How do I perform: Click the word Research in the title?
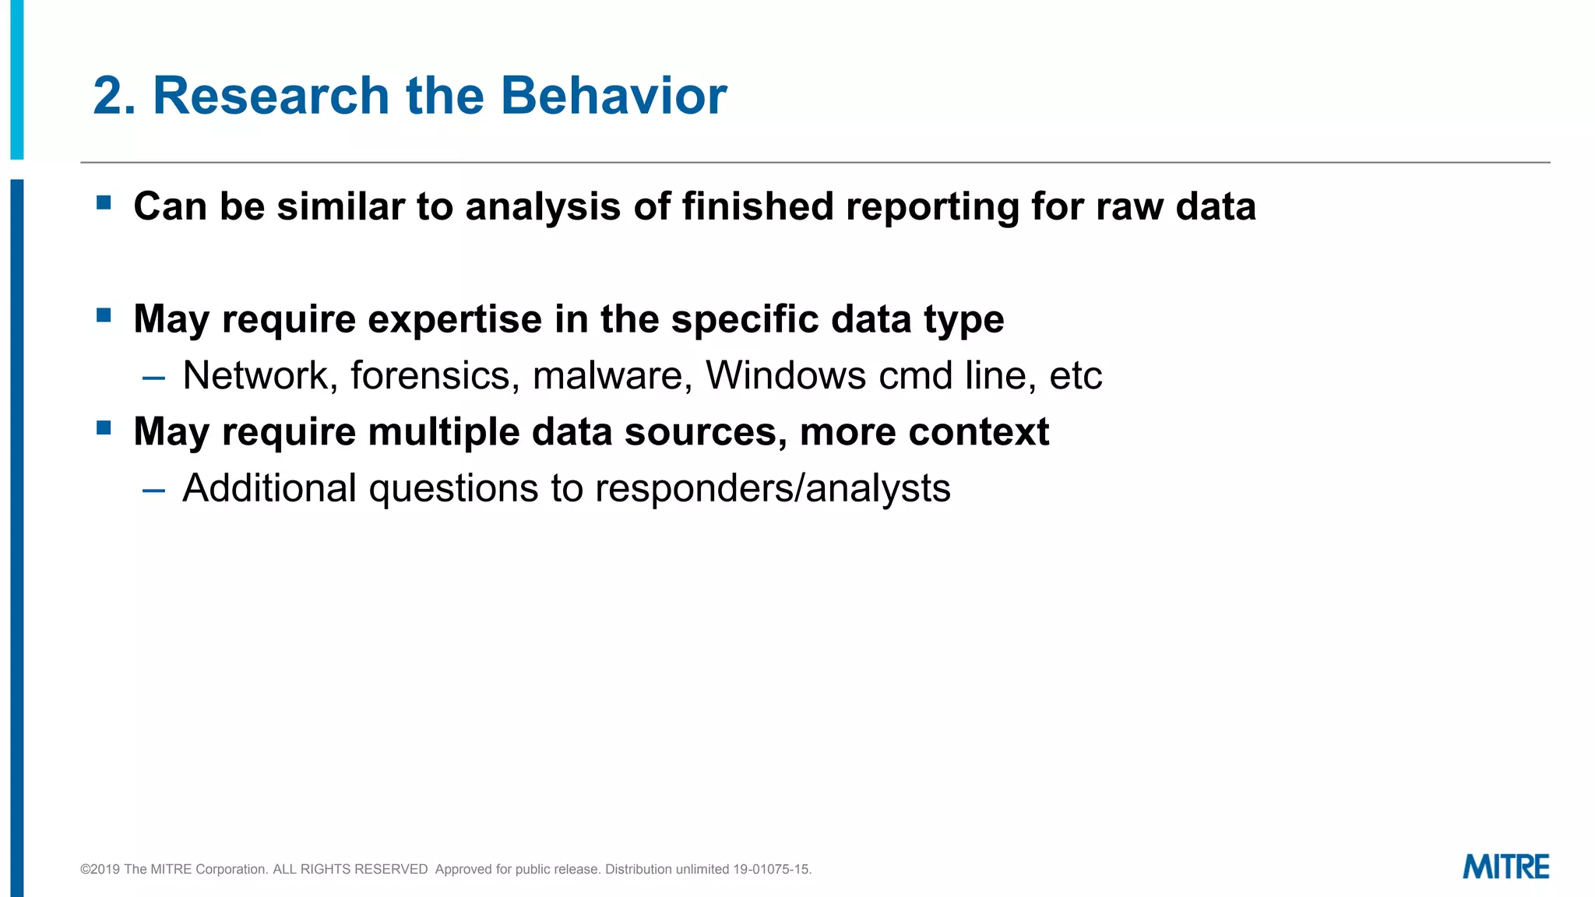(270, 96)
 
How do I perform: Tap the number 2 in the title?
(107, 96)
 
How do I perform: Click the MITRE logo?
(1505, 867)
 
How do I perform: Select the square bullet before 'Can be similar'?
(104, 203)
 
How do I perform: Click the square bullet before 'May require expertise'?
(104, 315)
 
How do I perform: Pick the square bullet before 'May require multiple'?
(104, 428)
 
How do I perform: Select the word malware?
(612, 375)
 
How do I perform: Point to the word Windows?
(785, 375)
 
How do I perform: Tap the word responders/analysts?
(773, 489)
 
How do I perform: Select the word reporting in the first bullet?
(932, 207)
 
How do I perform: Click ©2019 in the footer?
(100, 869)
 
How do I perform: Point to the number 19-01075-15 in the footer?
(771, 869)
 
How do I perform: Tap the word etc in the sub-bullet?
(1076, 375)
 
